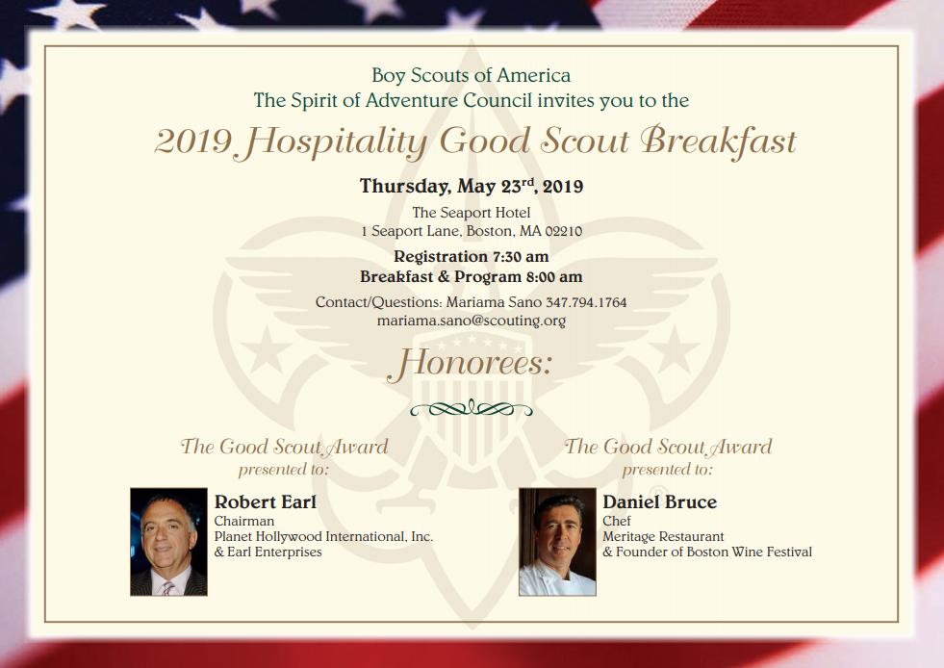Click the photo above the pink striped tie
coord(168,542)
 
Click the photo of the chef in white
coord(557,542)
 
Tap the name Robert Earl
coord(265,501)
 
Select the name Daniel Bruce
coord(660,501)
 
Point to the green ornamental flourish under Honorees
coord(472,409)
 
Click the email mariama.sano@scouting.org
coord(472,321)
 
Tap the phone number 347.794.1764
coord(586,302)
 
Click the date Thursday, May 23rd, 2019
coord(472,186)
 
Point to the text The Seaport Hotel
coord(472,212)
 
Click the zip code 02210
coord(564,231)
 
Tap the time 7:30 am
coord(521,257)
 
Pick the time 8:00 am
coord(554,276)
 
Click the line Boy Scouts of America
coord(472,75)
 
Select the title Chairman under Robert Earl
coord(243,521)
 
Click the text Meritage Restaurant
coord(663,536)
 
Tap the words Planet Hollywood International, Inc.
coord(324,536)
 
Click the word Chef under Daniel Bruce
coord(617,521)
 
